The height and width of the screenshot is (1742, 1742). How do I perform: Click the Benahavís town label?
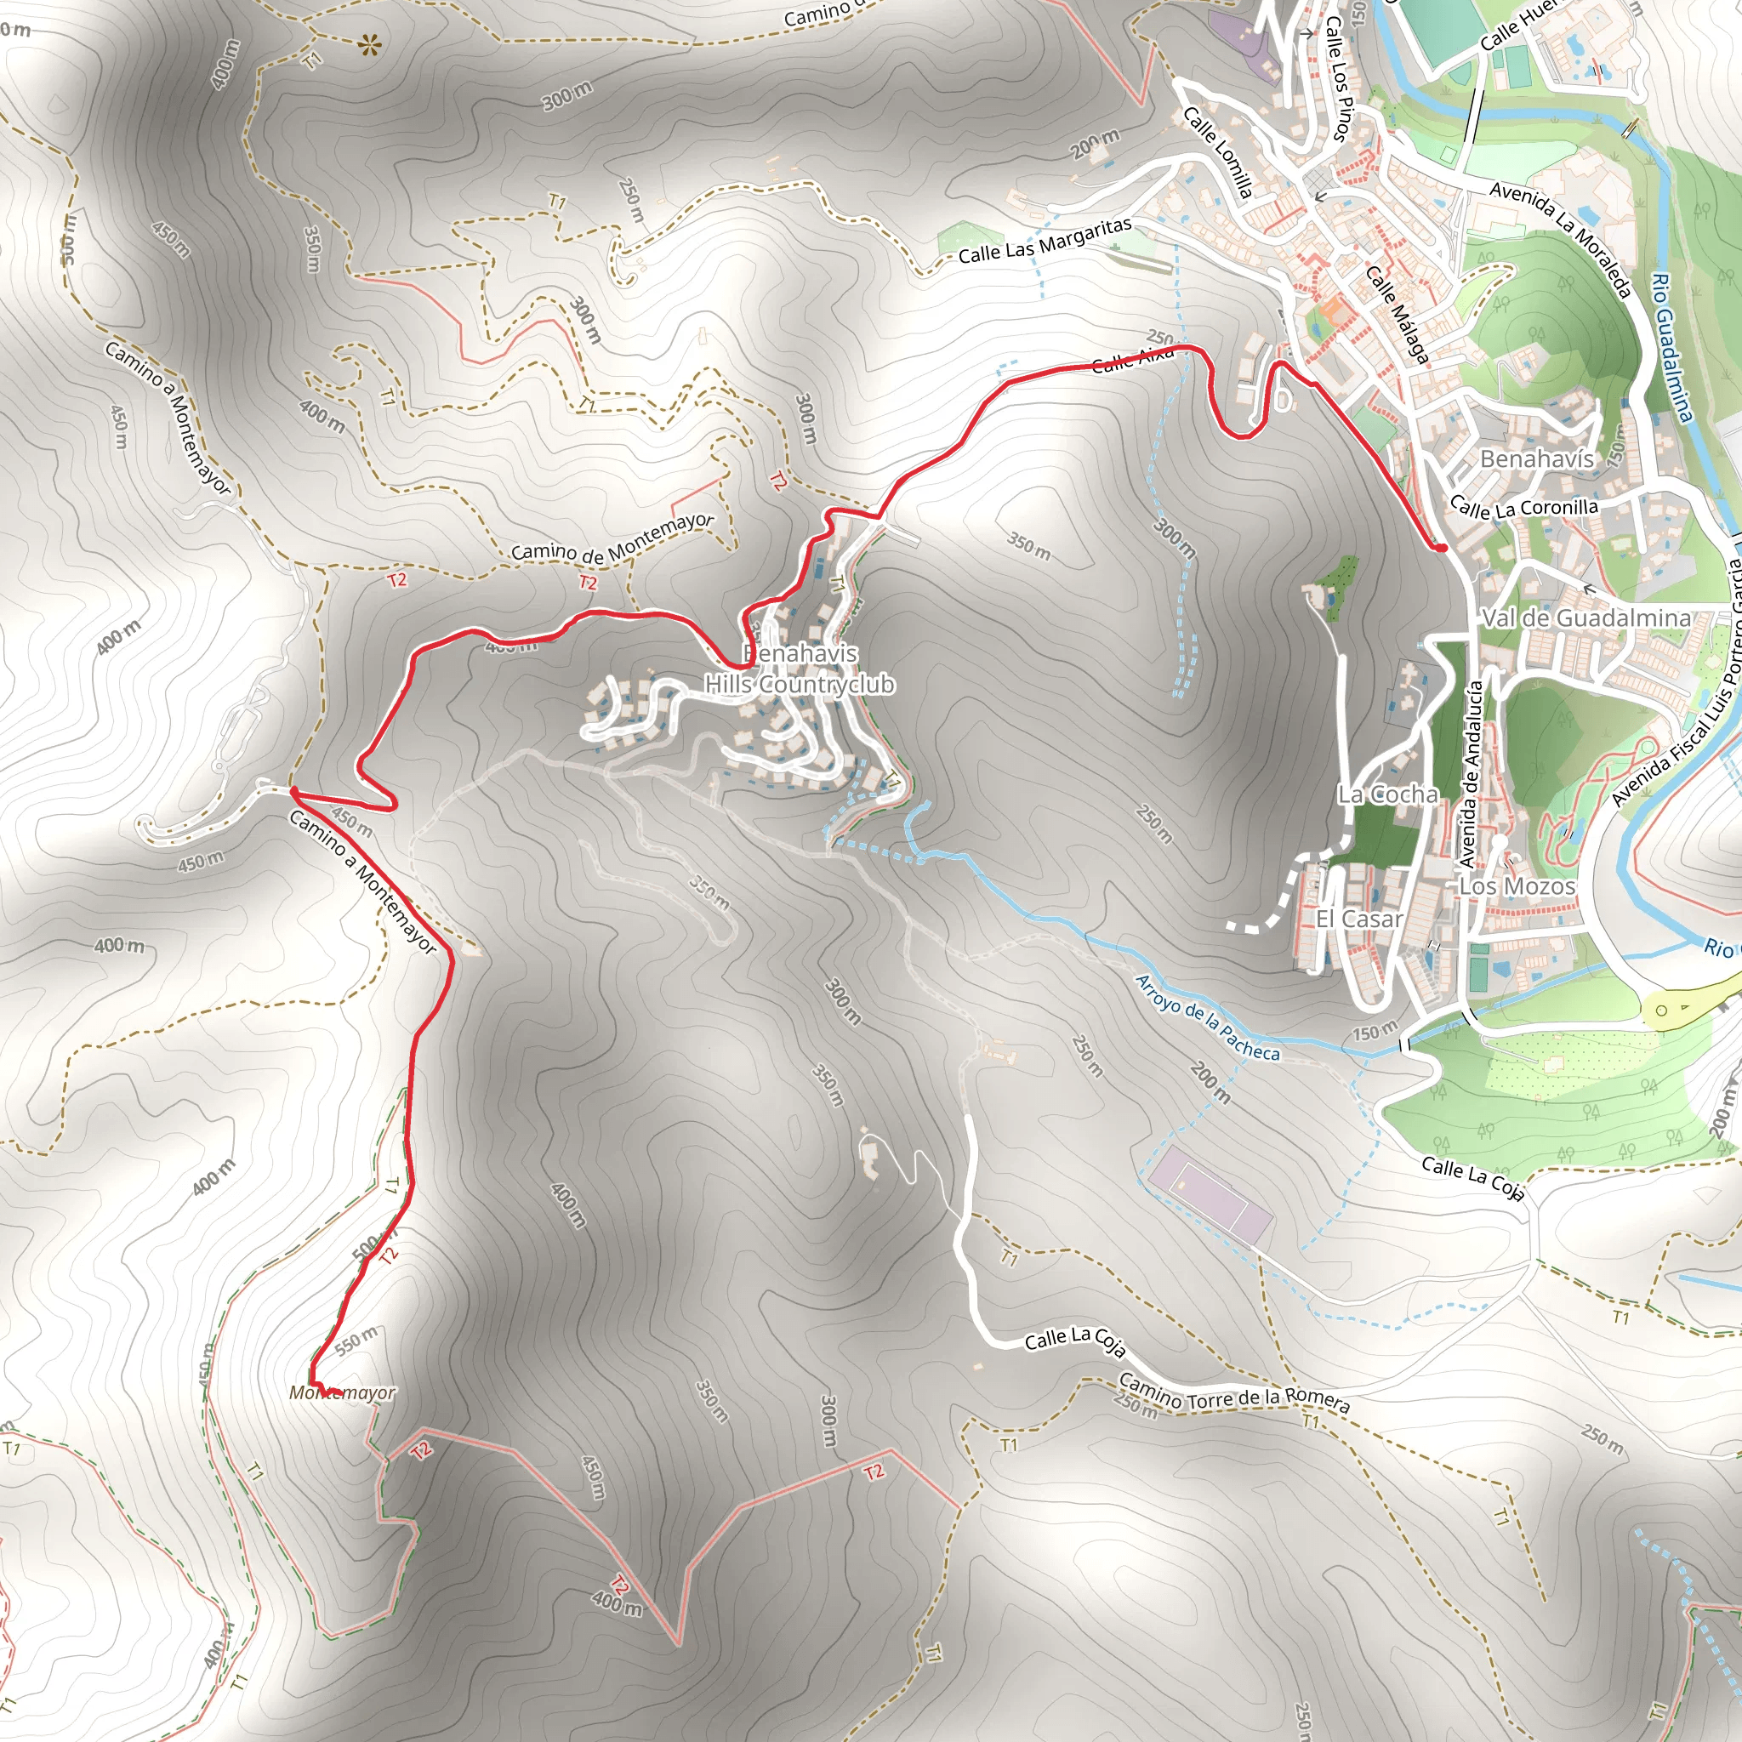click(x=1536, y=459)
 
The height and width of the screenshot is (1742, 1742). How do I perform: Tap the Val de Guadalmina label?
click(x=1586, y=618)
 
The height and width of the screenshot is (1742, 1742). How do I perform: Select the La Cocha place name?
click(x=1386, y=794)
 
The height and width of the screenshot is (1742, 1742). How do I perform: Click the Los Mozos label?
click(x=1517, y=886)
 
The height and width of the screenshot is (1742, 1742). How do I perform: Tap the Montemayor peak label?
click(x=342, y=1393)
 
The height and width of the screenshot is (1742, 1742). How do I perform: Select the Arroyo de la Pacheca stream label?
click(x=1206, y=1017)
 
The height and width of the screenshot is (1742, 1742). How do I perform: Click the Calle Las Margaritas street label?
click(x=1045, y=241)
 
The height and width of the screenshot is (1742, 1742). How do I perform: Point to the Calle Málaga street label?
click(x=1397, y=315)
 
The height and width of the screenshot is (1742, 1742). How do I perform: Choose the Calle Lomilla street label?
click(x=1217, y=151)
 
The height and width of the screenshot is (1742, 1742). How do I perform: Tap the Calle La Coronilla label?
click(x=1523, y=509)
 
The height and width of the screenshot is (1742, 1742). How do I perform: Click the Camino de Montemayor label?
click(x=612, y=538)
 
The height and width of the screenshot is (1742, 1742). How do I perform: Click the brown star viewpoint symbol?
click(x=367, y=45)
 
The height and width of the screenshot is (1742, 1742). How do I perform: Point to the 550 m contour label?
click(x=356, y=1341)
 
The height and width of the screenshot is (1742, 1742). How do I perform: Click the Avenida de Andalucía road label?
click(x=1471, y=774)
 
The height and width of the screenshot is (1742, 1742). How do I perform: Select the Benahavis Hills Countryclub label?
click(x=800, y=669)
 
